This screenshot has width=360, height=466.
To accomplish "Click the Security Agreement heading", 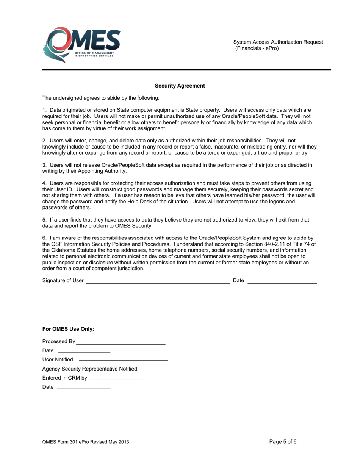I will [180, 86].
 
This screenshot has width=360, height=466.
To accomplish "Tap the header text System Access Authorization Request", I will [278, 42].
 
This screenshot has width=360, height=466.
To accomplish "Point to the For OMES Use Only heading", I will [68, 329].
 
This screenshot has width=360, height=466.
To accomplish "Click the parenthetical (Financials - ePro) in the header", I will [257, 48].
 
